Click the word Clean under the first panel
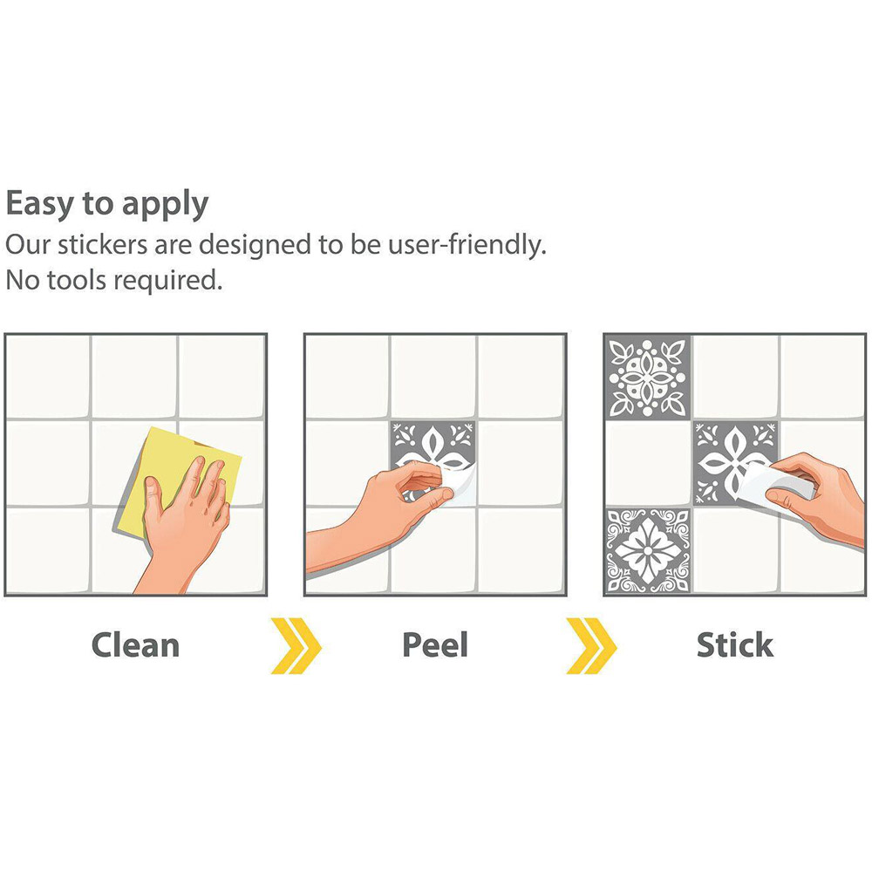[x=136, y=645]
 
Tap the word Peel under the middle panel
[x=435, y=645]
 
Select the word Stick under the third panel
[x=734, y=645]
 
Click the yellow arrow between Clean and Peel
[x=296, y=645]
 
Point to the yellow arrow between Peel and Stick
[x=591, y=645]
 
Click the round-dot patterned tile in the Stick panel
[x=647, y=378]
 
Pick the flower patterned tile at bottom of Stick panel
[x=647, y=550]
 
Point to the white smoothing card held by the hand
[x=776, y=483]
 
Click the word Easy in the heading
[x=41, y=203]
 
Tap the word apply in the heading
[x=165, y=205]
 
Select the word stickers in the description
[x=103, y=245]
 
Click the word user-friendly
[x=467, y=245]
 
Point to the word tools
[x=76, y=280]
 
